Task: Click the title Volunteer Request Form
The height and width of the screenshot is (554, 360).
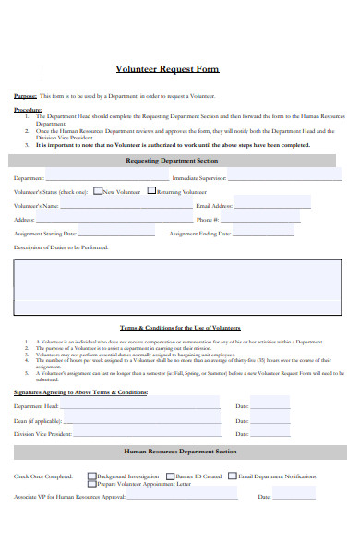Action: point(180,69)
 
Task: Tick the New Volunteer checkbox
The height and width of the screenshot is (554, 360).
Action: point(98,191)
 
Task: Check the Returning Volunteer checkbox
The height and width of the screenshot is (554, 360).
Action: point(151,191)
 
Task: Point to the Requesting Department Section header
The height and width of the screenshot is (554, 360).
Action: point(180,160)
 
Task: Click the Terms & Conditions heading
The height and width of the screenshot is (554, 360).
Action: point(180,329)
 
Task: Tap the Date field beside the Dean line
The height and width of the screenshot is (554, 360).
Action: point(295,419)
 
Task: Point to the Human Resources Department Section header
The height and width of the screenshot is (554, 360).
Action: point(180,452)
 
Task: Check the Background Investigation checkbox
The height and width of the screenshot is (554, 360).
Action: point(91,476)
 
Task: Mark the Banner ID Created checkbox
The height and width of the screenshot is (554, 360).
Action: point(171,476)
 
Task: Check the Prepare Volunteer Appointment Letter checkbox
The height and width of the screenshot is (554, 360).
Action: point(91,483)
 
